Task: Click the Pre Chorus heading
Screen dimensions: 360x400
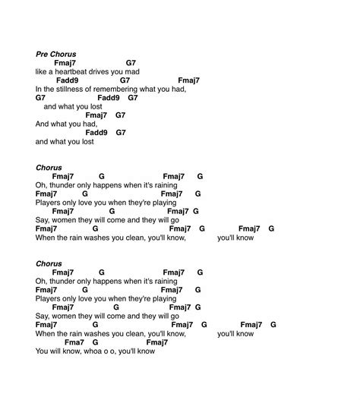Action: tap(56, 54)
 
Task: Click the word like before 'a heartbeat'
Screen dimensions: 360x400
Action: tap(42, 71)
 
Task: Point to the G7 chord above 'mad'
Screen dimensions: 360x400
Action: tap(131, 63)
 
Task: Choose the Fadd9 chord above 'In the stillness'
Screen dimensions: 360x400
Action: tap(68, 80)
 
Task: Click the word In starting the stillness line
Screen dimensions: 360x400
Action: tap(39, 89)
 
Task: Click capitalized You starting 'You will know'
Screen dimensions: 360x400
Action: tap(42, 351)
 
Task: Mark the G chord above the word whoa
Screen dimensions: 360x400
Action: tap(103, 342)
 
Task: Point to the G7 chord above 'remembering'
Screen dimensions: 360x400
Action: tap(125, 80)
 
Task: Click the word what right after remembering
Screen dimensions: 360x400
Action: tap(161, 89)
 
